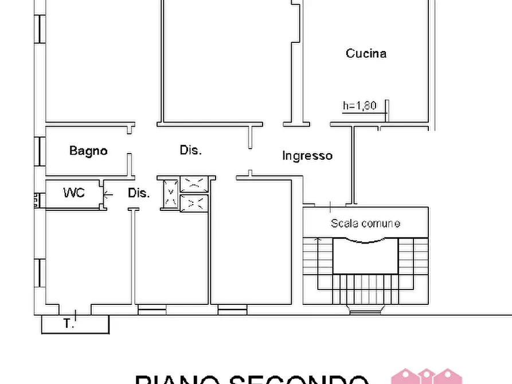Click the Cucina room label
pos(366,53)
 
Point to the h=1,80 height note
pos(359,105)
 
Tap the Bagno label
pos(88,151)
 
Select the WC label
pos(73,193)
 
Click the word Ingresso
pos(307,155)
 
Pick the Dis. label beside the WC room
pos(139,193)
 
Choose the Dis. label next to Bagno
pos(191,150)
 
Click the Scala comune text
pos(365,224)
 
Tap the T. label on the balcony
pos(69,324)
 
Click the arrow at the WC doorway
pos(108,194)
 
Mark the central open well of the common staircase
pos(365,258)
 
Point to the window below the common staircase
pos(361,312)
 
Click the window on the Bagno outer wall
pos(40,151)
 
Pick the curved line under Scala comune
pos(365,242)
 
